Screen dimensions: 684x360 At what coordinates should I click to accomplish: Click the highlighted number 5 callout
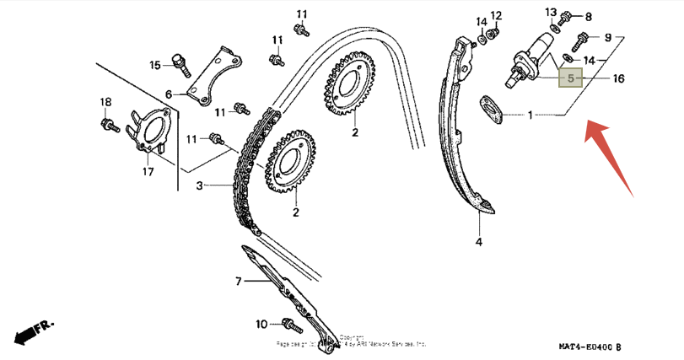pyautogui.click(x=571, y=78)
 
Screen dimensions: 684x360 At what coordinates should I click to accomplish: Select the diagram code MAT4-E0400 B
pyautogui.click(x=589, y=347)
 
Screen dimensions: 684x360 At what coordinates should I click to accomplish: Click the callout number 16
pyautogui.click(x=618, y=78)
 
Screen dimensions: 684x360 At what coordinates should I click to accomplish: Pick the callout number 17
pyautogui.click(x=148, y=172)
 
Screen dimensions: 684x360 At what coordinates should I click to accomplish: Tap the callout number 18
pyautogui.click(x=105, y=103)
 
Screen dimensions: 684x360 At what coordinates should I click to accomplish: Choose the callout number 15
pyautogui.click(x=155, y=65)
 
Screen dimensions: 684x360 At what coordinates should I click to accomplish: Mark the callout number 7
pyautogui.click(x=239, y=281)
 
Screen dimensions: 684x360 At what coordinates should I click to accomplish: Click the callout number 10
pyautogui.click(x=261, y=323)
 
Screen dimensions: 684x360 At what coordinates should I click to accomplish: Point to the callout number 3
pyautogui.click(x=200, y=185)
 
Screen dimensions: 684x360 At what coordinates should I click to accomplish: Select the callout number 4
pyautogui.click(x=478, y=243)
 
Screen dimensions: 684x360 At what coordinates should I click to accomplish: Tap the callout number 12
pyautogui.click(x=496, y=15)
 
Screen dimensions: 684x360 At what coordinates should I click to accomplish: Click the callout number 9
pyautogui.click(x=606, y=37)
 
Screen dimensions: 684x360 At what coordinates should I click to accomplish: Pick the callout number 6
pyautogui.click(x=168, y=94)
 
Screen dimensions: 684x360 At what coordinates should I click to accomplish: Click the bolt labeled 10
pyautogui.click(x=290, y=323)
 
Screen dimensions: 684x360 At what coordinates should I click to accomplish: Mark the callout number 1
pyautogui.click(x=531, y=115)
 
